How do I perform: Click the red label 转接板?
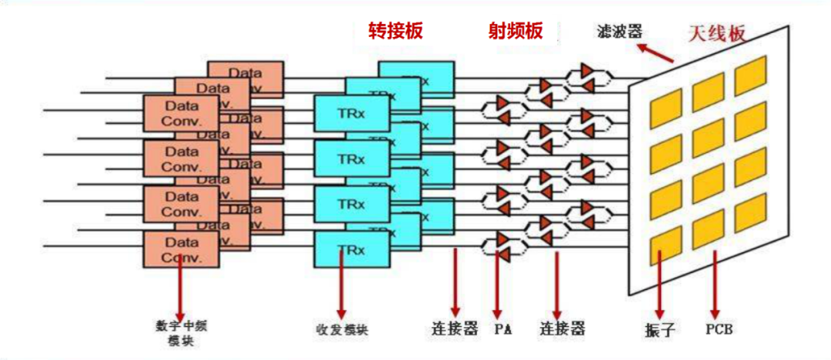(x=395, y=30)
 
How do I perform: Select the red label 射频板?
(x=515, y=30)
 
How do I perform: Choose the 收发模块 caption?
(x=342, y=329)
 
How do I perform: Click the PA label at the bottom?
(x=503, y=329)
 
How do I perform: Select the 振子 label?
(x=659, y=330)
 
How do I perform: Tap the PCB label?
(x=718, y=329)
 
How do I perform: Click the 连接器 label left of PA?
(x=454, y=329)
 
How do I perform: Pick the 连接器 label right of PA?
(x=562, y=329)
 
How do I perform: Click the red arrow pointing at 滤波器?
(x=656, y=53)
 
